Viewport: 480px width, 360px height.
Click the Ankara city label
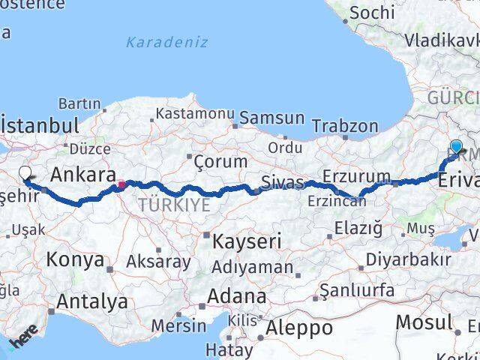pos(82,175)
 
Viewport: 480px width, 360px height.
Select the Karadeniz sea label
pos(166,42)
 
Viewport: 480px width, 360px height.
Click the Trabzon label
pos(345,125)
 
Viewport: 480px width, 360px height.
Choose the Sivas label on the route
pos(283,181)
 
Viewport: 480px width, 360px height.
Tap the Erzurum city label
pos(356,177)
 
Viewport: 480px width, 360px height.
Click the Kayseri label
pos(247,241)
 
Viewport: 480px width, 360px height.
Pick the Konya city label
pos(75,260)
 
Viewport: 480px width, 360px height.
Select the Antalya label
pos(91,301)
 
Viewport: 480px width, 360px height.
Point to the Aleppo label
pos(298,328)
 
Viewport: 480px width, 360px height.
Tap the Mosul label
pos(425,323)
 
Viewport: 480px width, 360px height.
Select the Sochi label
pos(372,12)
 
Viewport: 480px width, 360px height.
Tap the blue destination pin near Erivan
pos(456,146)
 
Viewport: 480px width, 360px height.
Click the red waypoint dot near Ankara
pos(121,183)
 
